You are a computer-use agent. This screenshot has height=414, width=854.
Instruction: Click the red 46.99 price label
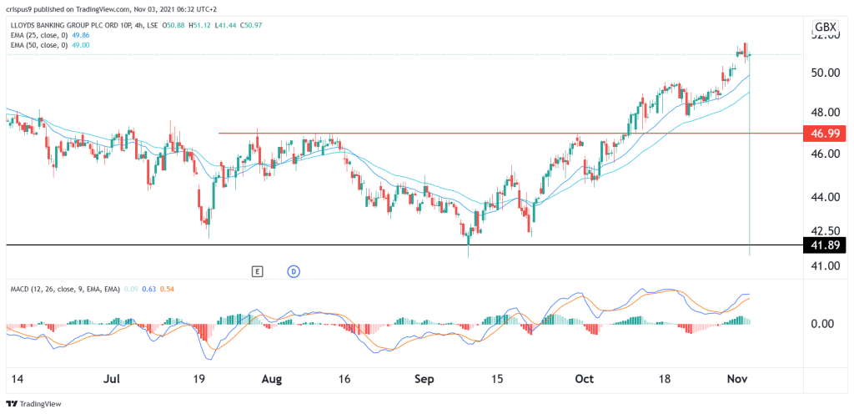click(x=823, y=133)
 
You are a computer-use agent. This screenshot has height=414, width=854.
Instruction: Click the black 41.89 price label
click(x=823, y=245)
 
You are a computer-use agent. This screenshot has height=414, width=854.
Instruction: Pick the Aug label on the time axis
click(x=272, y=378)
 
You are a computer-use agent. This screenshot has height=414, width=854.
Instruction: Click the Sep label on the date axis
click(x=424, y=378)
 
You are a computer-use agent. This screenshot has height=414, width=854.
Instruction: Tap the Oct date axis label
click(x=585, y=378)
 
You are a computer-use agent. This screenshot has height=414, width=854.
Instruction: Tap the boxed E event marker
click(x=258, y=270)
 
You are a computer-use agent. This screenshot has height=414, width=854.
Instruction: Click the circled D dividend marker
click(x=293, y=270)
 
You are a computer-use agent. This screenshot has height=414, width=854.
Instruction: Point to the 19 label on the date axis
click(x=201, y=378)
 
